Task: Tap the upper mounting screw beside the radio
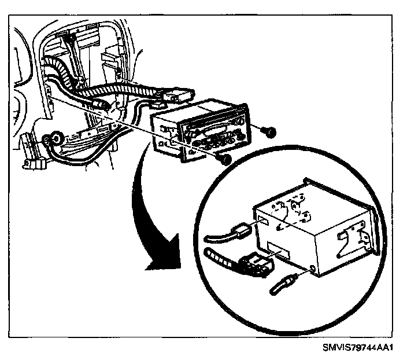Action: click(x=269, y=132)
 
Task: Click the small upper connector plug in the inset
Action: click(x=240, y=231)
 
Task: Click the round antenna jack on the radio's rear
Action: click(x=312, y=268)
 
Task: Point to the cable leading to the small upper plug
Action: click(x=217, y=236)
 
